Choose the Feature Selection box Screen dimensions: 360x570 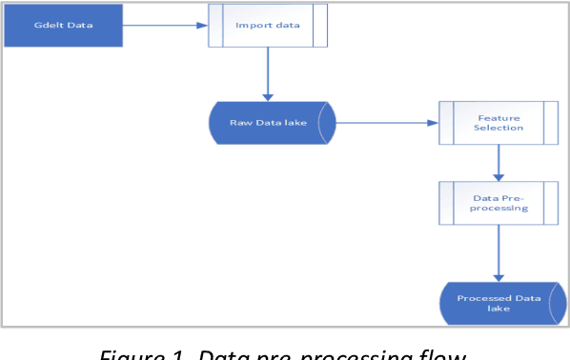499,122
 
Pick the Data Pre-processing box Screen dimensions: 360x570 499,202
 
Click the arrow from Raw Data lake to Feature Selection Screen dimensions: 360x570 386,123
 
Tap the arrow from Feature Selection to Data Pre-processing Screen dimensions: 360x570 499,162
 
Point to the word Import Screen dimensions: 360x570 253,26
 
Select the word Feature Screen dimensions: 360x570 499,115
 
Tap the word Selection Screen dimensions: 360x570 499,128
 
